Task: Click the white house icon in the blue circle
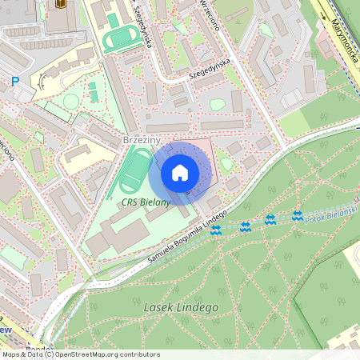tap(179, 173)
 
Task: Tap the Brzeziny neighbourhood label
tap(142, 140)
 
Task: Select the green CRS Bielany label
tap(146, 202)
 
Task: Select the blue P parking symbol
tap(14, 81)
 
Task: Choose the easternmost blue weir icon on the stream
tap(298, 215)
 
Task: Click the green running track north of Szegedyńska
tap(122, 38)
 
